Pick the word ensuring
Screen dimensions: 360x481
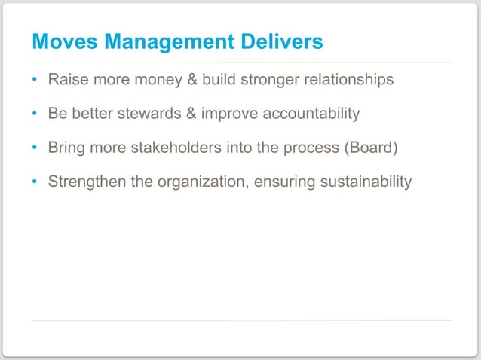click(289, 182)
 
